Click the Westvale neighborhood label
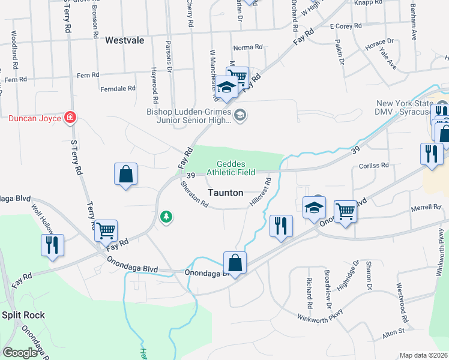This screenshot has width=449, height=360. pos(125,41)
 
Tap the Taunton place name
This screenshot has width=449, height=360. pos(226,193)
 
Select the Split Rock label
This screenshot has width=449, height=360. pos(24,314)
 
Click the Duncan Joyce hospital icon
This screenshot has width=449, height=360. pos(70,118)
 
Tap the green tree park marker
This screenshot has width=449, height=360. pos(166,217)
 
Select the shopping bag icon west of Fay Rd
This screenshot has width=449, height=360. pos(125,174)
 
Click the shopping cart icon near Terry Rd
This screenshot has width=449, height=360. pos(106,230)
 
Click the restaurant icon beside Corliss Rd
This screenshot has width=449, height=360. pos(431,154)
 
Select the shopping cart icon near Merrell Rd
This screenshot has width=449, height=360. pos(345,211)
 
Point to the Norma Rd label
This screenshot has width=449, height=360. pos(248,47)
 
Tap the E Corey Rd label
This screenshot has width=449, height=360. pos(346,26)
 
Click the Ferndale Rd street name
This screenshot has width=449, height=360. pos(119,88)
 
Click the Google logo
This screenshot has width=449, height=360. pos(20,353)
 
